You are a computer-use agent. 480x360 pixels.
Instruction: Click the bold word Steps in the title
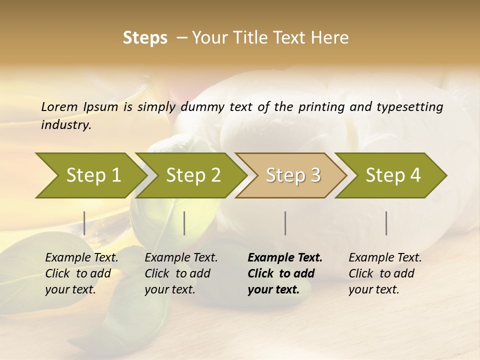pos(145,38)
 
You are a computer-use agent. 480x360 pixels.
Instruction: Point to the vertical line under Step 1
pos(84,223)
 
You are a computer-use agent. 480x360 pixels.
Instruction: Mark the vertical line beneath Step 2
pos(184,223)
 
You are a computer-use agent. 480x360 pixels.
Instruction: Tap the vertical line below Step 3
pos(285,223)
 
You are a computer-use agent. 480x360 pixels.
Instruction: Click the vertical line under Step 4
pos(386,223)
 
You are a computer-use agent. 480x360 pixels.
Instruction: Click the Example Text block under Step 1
pos(81,273)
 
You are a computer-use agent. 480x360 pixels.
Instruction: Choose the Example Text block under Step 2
pos(181,273)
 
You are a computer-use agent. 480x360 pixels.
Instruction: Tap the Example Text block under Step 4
pos(385,273)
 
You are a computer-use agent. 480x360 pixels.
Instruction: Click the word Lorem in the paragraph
pos(59,106)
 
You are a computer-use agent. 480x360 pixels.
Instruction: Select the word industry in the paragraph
pos(66,124)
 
